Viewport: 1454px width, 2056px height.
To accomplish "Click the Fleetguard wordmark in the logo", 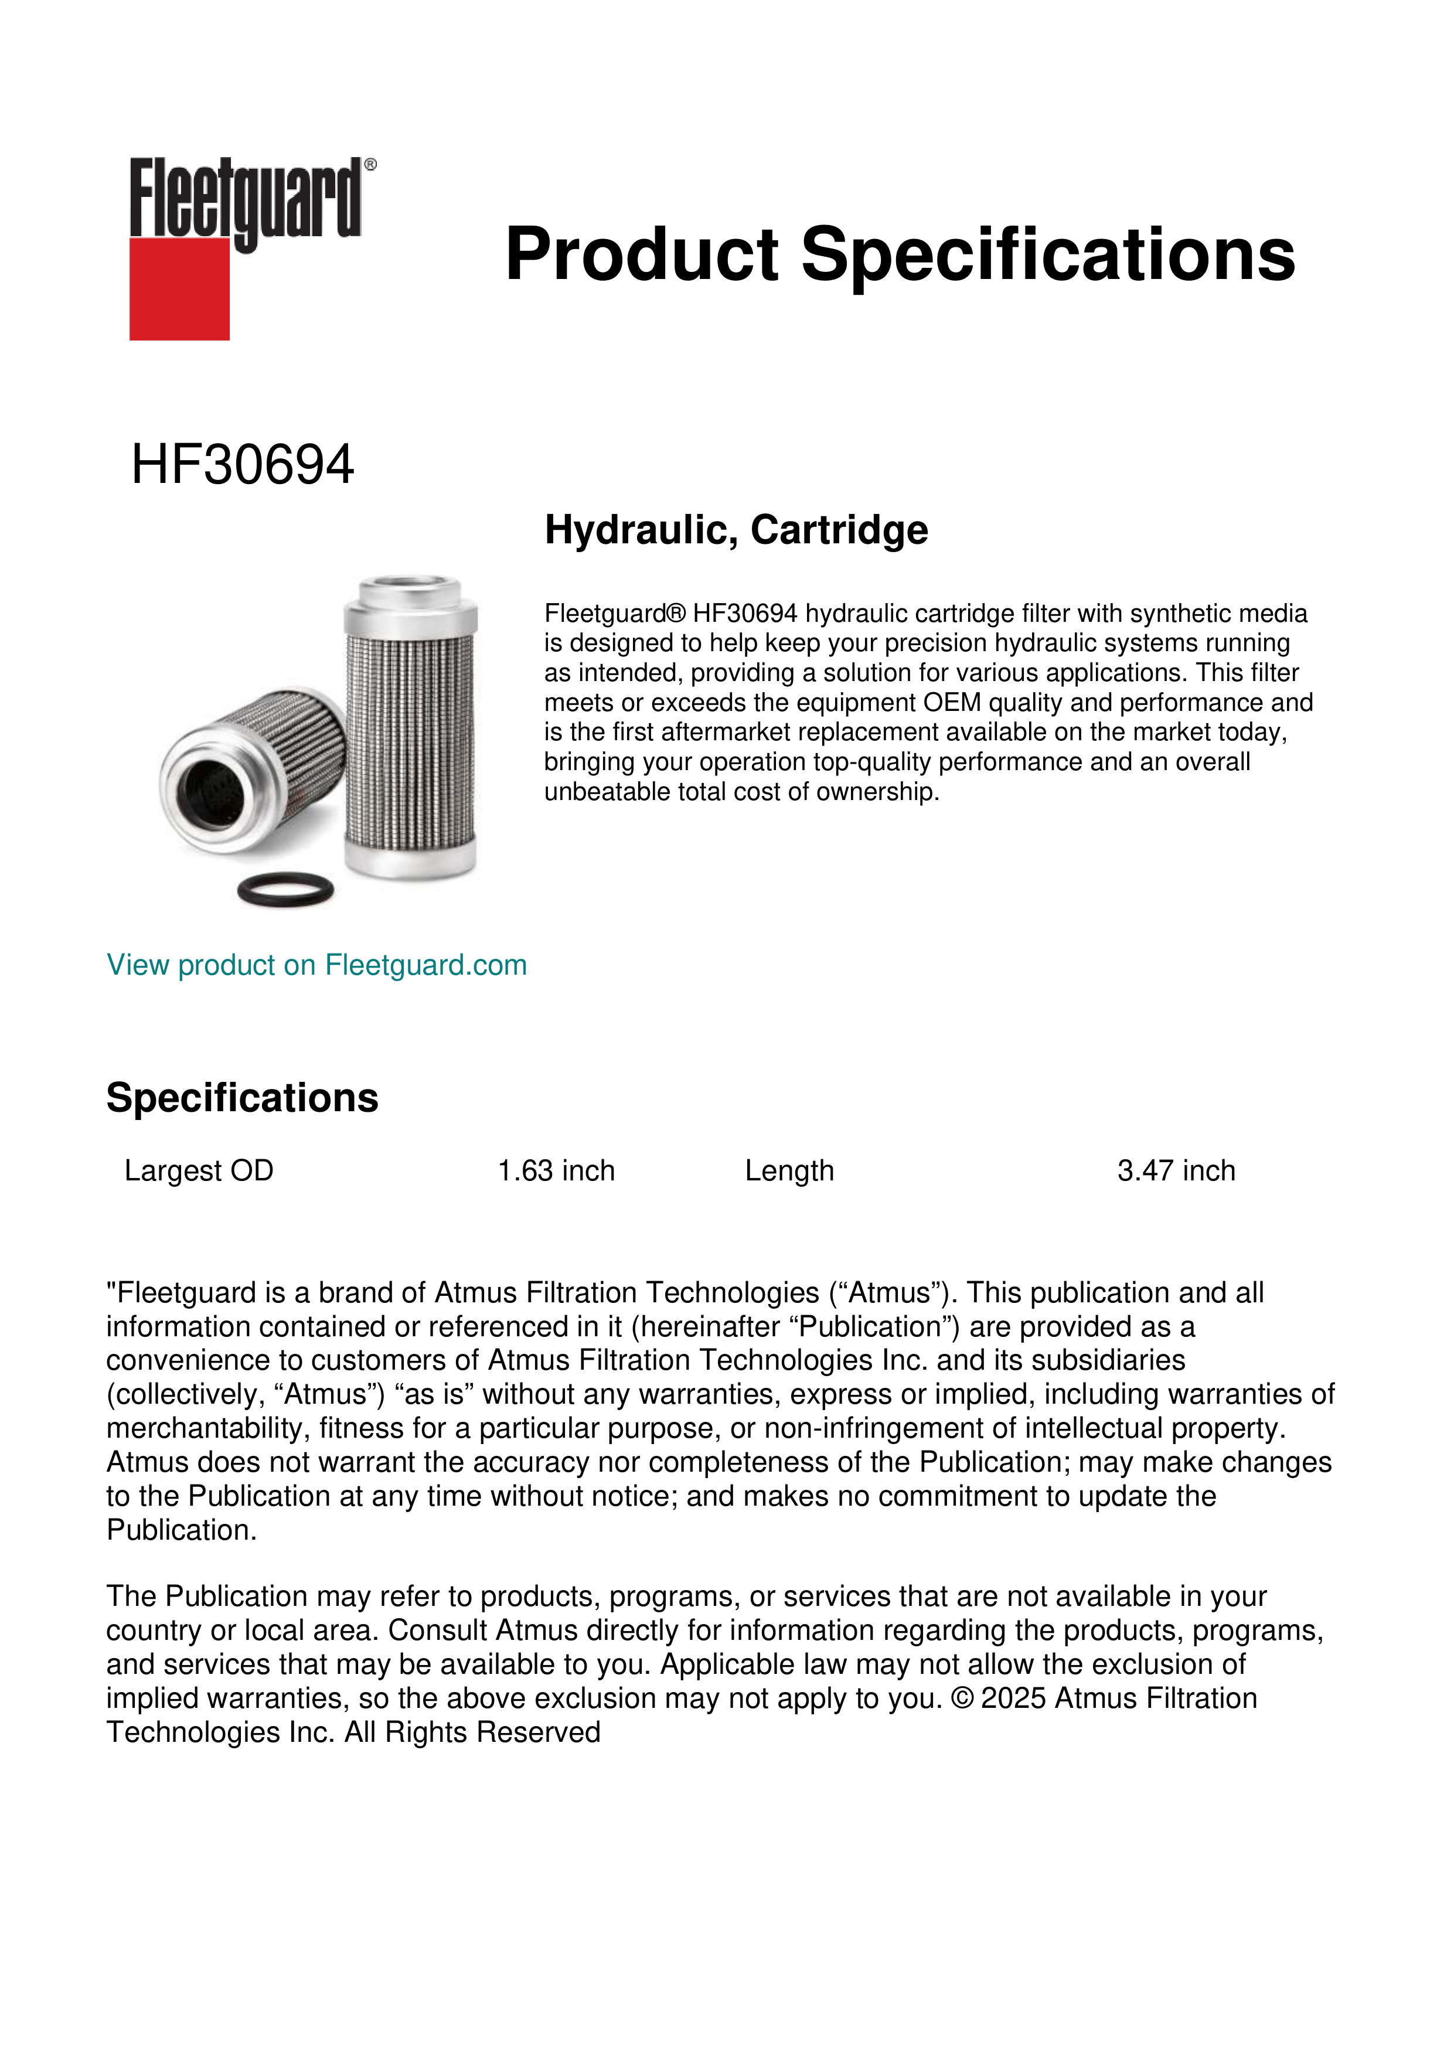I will [246, 199].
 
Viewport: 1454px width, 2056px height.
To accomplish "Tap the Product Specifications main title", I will [900, 254].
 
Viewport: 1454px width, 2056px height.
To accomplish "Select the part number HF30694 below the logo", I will [243, 465].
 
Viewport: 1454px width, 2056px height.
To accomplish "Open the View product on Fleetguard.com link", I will [316, 965].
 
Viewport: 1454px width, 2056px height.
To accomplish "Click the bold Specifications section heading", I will [241, 1097].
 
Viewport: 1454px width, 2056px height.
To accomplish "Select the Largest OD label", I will [199, 1170].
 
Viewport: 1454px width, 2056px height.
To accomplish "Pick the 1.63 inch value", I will [556, 1170].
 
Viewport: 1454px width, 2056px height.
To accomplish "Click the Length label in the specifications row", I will [789, 1170].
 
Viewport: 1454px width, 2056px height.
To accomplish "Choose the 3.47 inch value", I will [1176, 1170].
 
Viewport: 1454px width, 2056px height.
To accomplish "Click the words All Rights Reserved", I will [473, 1732].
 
